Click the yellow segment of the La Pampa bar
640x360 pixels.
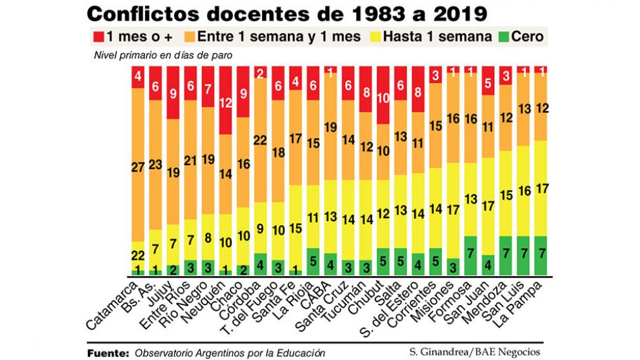(540, 188)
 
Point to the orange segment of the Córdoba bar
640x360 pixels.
(260, 139)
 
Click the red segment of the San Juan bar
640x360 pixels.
(488, 81)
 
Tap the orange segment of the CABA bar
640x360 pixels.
(330, 128)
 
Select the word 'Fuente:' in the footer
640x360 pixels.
(108, 352)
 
